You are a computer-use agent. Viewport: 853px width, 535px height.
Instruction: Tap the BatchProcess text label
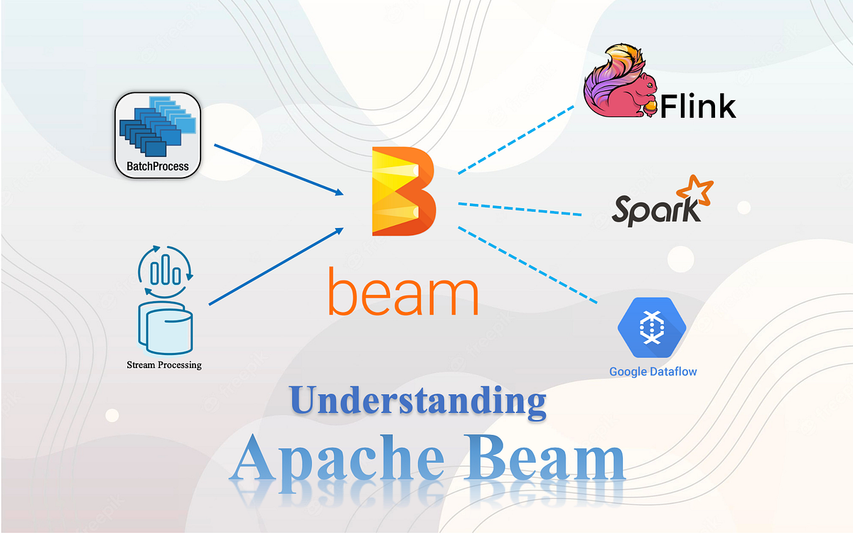pos(158,167)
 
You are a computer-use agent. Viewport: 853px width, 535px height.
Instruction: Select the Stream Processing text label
pos(164,365)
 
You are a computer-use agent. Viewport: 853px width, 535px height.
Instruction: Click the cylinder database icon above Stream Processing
pos(166,330)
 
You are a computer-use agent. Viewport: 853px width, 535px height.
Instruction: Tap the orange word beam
pos(402,294)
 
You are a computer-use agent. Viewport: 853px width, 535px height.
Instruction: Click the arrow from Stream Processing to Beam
pos(277,266)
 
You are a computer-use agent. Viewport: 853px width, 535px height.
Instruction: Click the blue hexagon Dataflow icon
pos(650,327)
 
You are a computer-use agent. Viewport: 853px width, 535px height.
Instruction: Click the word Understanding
pos(418,402)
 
